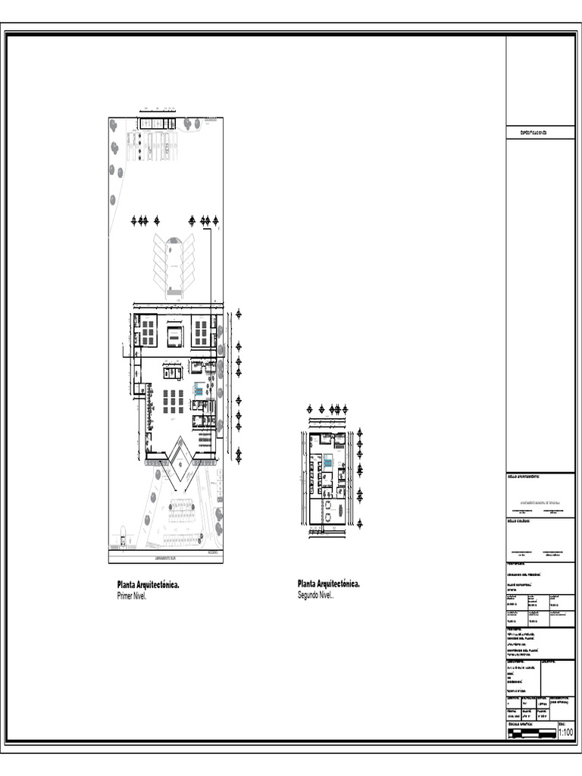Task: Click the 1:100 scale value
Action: coord(565,732)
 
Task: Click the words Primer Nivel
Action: coord(131,596)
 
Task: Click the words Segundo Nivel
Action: coord(315,596)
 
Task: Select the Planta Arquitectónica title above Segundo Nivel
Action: coord(329,584)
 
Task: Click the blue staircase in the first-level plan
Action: coord(199,390)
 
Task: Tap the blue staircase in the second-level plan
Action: coord(328,461)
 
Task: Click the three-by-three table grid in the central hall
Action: coord(174,400)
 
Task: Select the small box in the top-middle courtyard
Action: coord(175,335)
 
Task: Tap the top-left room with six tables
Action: coord(148,331)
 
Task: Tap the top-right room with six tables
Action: coord(202,331)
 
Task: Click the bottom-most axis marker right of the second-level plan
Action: coord(360,523)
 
